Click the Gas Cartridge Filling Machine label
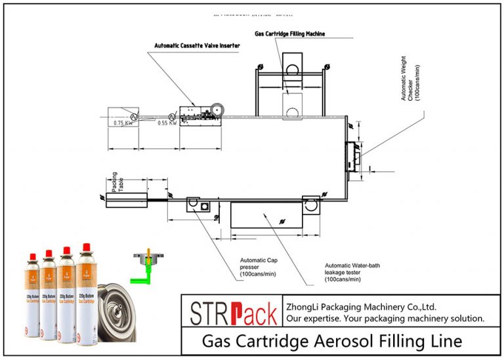289,33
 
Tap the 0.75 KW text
123,123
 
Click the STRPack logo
232,311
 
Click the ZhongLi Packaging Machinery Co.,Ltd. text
361,306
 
